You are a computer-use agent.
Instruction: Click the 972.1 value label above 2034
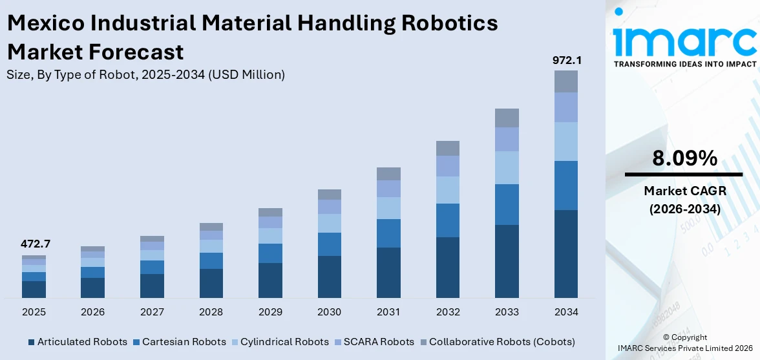point(566,60)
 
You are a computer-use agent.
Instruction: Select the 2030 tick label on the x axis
point(330,312)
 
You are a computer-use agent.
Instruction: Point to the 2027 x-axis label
point(152,312)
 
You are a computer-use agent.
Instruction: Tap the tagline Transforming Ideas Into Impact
point(684,64)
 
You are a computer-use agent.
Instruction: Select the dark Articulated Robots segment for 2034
point(566,253)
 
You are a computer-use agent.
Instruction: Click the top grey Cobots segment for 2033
point(507,118)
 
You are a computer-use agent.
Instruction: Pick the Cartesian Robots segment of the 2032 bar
point(448,220)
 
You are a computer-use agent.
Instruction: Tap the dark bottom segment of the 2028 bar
point(211,283)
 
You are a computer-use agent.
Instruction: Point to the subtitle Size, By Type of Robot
point(145,74)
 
